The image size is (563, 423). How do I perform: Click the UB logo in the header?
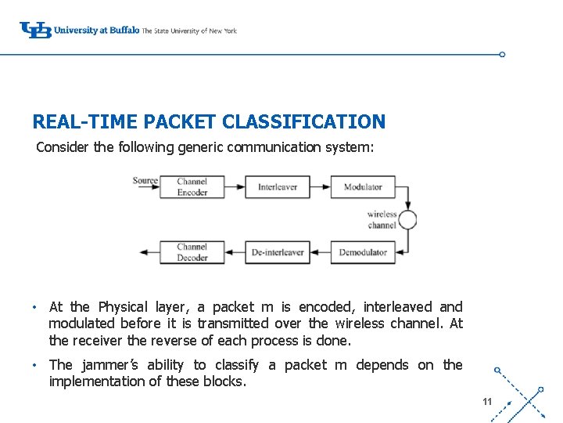tap(35, 30)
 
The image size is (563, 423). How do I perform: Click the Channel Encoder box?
tap(192, 187)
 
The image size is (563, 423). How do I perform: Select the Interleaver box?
tap(278, 187)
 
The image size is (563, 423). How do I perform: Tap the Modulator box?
tap(363, 187)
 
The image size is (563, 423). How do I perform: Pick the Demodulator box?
tap(363, 252)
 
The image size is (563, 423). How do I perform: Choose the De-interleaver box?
tap(278, 252)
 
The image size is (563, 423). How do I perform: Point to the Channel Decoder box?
tap(192, 252)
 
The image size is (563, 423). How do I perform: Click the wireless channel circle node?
tap(407, 219)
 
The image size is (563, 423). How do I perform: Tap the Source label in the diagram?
tap(145, 181)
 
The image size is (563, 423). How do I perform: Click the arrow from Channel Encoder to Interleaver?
tap(236, 187)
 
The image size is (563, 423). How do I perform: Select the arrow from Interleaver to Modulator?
tap(320, 187)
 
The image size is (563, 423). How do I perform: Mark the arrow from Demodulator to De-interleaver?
tap(320, 252)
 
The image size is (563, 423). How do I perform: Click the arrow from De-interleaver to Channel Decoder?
tap(236, 252)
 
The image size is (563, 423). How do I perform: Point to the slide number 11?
tap(487, 402)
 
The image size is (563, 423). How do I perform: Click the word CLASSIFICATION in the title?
tap(303, 122)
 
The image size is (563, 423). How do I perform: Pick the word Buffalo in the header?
tap(124, 31)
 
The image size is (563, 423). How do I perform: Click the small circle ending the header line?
tap(502, 55)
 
